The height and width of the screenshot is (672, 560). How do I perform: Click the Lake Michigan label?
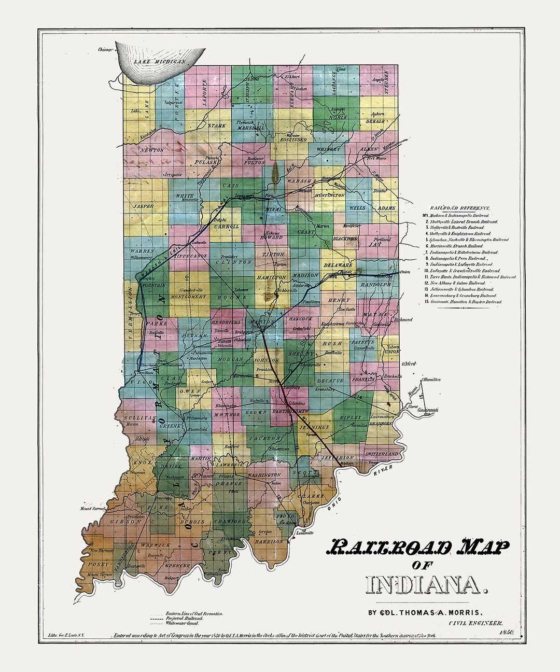coord(159,62)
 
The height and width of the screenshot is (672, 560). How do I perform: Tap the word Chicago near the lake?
coord(105,50)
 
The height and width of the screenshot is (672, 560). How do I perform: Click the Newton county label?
coord(151,150)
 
